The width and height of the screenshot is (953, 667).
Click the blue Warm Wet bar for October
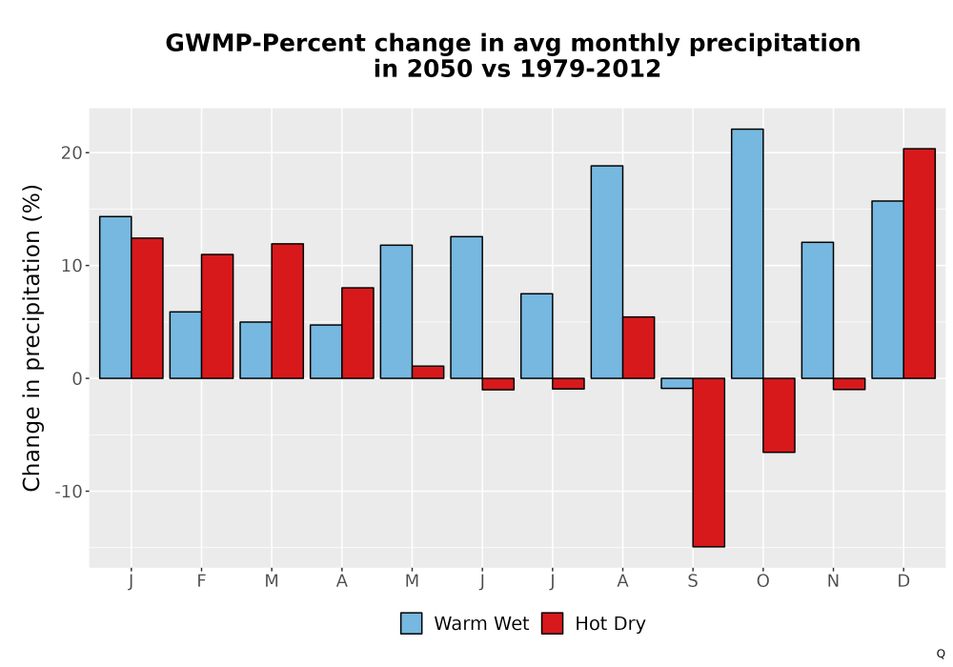click(x=747, y=253)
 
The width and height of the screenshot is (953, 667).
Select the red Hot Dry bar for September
click(x=709, y=462)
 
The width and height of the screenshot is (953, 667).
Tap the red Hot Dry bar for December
click(x=919, y=263)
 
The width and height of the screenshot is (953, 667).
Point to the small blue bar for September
click(x=677, y=383)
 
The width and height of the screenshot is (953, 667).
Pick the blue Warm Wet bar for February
click(x=186, y=345)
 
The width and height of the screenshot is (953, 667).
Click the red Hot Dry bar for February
click(x=217, y=316)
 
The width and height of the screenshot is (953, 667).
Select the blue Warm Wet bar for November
click(x=818, y=310)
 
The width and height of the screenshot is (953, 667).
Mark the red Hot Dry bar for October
click(x=779, y=414)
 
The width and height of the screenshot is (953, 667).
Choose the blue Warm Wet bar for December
click(x=887, y=289)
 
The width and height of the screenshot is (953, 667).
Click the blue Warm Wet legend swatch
click(x=412, y=623)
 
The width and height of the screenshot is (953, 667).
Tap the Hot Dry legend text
click(x=610, y=624)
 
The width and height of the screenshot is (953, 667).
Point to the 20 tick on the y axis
click(x=71, y=153)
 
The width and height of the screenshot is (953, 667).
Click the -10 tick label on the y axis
click(x=69, y=491)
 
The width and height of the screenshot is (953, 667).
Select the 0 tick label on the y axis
click(x=77, y=378)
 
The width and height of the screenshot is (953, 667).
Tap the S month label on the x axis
click(x=693, y=581)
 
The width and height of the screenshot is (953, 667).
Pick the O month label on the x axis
click(x=762, y=581)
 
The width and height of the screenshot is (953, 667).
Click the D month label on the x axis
click(x=903, y=581)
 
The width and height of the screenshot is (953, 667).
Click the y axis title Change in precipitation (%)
click(x=31, y=337)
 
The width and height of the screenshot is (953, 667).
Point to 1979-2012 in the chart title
click(x=590, y=68)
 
